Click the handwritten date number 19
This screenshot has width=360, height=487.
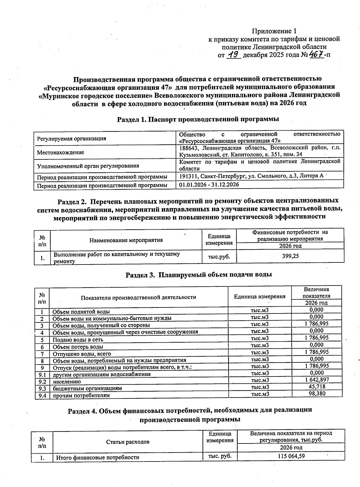[233, 55]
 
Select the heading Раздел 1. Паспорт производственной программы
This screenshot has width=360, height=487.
[198, 119]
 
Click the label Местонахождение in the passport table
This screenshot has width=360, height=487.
[61, 153]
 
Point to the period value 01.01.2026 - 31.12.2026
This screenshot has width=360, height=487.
[209, 185]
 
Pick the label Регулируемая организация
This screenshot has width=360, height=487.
[71, 139]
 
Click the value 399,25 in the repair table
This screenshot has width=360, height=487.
[290, 256]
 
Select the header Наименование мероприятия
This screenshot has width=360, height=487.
[126, 240]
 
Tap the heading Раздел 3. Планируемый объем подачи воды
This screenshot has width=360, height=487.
[199, 275]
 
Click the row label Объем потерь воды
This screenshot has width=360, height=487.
[78, 347]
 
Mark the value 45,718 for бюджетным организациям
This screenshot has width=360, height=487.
[317, 387]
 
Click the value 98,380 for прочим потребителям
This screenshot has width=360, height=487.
[317, 394]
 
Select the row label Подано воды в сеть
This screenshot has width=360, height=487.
[78, 340]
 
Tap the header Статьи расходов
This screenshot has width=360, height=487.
[128, 442]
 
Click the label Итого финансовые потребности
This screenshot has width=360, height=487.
[98, 458]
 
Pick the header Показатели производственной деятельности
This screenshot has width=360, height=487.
[138, 297]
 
